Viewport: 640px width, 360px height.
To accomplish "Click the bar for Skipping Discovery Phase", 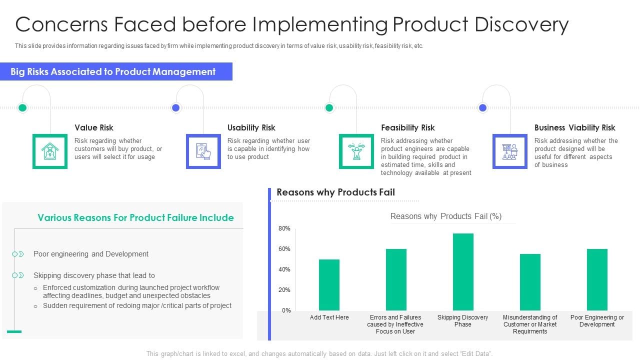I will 463,272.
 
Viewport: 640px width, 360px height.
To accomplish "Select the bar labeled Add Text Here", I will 329,285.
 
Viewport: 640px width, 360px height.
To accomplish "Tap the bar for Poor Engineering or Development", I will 597,279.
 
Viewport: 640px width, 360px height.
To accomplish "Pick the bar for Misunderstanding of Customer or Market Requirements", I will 530,282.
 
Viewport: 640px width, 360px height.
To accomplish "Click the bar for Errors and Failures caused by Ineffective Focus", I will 396,279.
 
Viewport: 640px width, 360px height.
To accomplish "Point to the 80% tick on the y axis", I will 284,228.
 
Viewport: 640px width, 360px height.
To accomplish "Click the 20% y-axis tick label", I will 284,290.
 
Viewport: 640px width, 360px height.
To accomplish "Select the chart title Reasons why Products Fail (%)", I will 445,216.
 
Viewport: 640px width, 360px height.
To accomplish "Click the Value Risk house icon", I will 50,151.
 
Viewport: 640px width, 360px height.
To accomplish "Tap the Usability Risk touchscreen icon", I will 203,151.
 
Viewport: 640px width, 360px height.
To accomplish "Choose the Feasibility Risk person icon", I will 356,151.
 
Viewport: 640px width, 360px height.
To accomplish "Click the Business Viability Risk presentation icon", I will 510,151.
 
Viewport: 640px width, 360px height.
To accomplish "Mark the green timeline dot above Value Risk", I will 22,107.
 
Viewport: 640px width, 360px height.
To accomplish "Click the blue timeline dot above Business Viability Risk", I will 482,107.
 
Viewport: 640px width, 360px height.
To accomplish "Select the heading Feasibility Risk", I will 407,127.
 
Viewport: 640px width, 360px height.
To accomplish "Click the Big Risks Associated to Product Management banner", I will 116,71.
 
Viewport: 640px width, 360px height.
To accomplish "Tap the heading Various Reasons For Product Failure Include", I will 135,217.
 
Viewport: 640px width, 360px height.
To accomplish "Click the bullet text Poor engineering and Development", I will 91,254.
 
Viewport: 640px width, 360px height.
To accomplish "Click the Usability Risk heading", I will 251,127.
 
